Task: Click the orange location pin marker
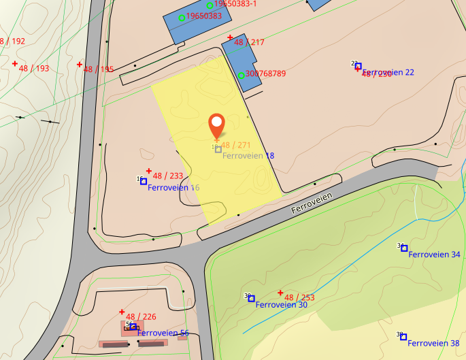[216, 125]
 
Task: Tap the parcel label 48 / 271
[236, 146]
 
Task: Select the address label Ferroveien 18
[248, 156]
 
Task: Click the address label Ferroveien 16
[173, 188]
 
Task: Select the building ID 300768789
[265, 73]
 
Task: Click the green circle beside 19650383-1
[210, 5]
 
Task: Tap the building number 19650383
[204, 16]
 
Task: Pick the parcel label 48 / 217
[249, 42]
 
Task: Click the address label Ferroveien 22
[388, 72]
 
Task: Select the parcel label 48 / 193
[34, 69]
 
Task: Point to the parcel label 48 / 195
[99, 69]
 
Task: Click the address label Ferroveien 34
[435, 255]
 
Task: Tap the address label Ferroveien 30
[282, 305]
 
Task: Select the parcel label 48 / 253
[299, 297]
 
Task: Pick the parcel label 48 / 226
[141, 316]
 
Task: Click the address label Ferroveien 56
[163, 333]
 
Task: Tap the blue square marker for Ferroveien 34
[404, 248]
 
